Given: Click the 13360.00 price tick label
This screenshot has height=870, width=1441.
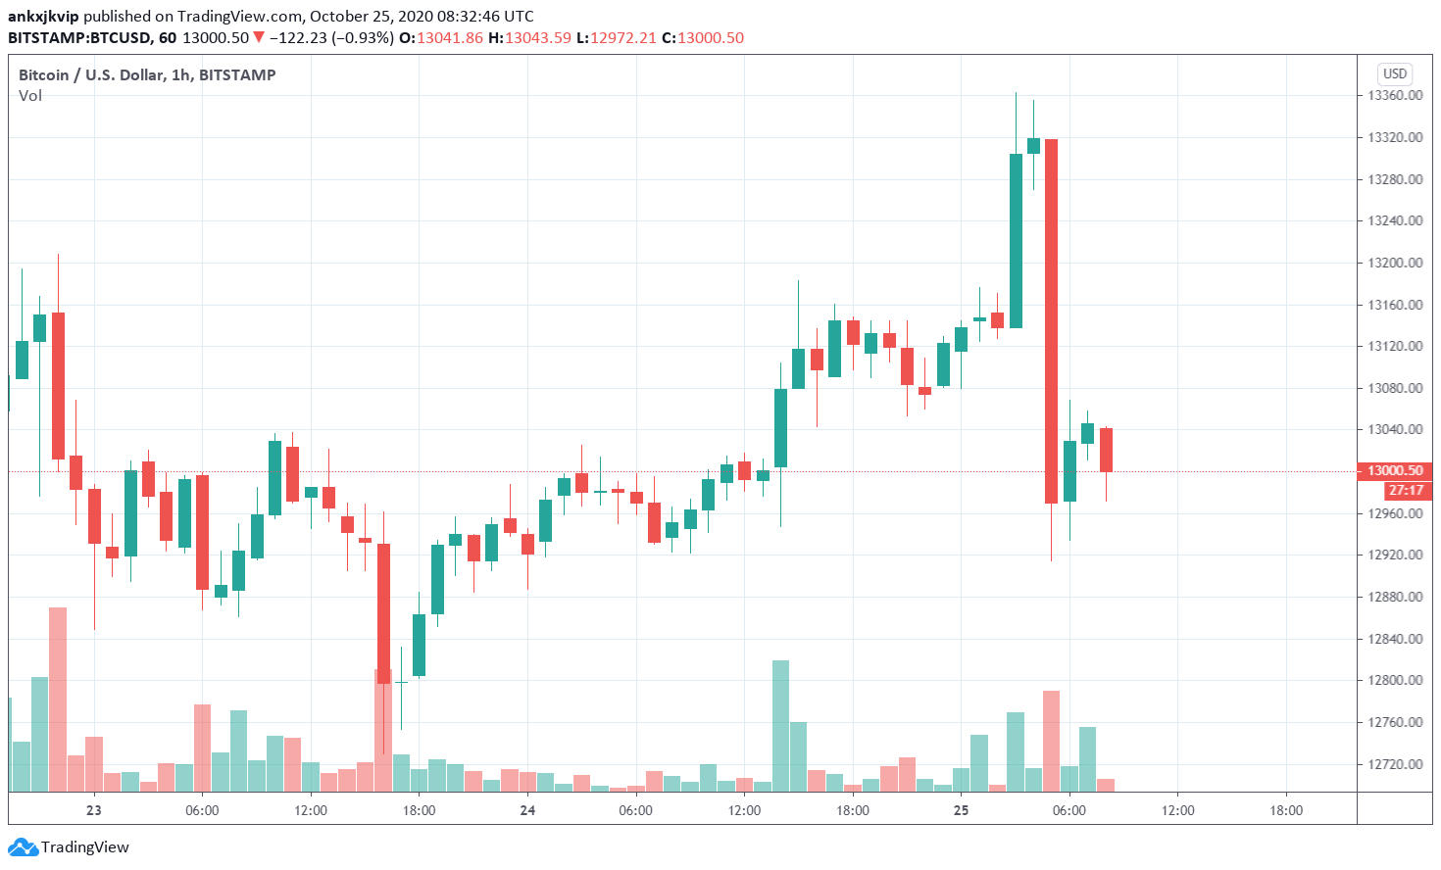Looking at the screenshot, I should pos(1395,96).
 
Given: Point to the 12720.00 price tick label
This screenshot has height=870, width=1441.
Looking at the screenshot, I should pos(1395,764).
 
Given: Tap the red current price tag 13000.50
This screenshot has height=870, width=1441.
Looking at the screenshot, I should pos(1394,471).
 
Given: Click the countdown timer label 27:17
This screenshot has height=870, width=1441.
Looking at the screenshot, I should pos(1406,490).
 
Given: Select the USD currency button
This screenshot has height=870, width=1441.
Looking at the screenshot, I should pos(1394,73).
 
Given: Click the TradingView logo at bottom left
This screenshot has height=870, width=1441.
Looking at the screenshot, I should pos(71,847).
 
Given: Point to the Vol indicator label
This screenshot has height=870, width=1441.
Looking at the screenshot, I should pos(30,96).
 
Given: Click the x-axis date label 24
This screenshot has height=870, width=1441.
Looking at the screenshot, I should pos(527,810).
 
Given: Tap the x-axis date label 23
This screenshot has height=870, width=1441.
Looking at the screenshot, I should pos(94,810).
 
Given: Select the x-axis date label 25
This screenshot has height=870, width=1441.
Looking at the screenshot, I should pos(961,810).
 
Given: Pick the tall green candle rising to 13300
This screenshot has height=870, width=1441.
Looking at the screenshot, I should pos(1016,241).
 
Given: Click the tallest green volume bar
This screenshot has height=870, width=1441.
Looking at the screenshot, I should pos(780,725).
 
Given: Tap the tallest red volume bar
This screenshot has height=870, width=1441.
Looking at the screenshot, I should pos(58,699).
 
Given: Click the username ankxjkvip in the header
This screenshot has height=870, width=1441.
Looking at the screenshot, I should pos(43,17).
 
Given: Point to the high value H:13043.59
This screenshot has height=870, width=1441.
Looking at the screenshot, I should pos(529,38).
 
